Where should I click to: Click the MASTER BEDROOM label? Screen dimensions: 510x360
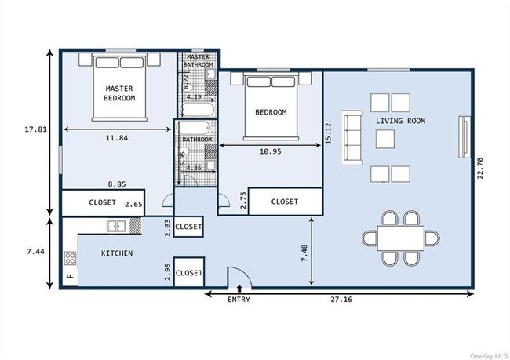click(x=119, y=93)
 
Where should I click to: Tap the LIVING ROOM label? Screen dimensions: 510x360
click(x=400, y=121)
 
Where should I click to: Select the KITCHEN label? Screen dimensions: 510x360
click(x=117, y=253)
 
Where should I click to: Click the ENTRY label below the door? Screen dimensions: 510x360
click(x=239, y=300)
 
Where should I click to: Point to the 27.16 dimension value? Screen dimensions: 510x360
click(x=341, y=300)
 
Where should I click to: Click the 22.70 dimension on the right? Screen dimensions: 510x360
click(x=480, y=168)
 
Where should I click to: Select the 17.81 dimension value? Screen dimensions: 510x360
click(x=35, y=129)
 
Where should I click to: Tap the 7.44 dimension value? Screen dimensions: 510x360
click(x=36, y=252)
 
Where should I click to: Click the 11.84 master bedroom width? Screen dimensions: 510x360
click(x=117, y=138)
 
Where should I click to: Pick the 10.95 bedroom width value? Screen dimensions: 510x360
click(x=270, y=151)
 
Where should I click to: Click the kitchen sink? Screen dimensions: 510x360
click(x=117, y=226)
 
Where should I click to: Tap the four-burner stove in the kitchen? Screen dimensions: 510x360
click(x=71, y=259)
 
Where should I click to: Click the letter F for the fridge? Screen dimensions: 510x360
click(x=71, y=276)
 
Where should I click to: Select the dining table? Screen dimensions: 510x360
click(x=401, y=238)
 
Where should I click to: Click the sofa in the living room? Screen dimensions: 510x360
click(x=352, y=137)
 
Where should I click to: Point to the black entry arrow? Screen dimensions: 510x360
click(x=239, y=289)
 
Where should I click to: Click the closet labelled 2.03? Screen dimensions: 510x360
click(x=188, y=227)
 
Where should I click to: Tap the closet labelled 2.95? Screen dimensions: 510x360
click(x=189, y=272)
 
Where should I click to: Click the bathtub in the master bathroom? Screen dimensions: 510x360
click(x=198, y=110)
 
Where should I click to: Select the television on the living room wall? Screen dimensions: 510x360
click(x=464, y=137)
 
